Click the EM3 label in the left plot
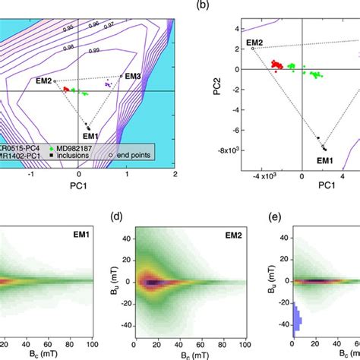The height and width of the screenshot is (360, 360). point(132,76)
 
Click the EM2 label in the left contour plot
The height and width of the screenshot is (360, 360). point(43,81)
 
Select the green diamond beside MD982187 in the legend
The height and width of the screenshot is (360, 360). point(50,146)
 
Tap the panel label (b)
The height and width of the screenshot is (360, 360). point(203,5)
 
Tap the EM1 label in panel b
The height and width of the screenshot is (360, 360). point(325,161)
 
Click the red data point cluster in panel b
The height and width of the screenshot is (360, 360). point(277,66)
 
